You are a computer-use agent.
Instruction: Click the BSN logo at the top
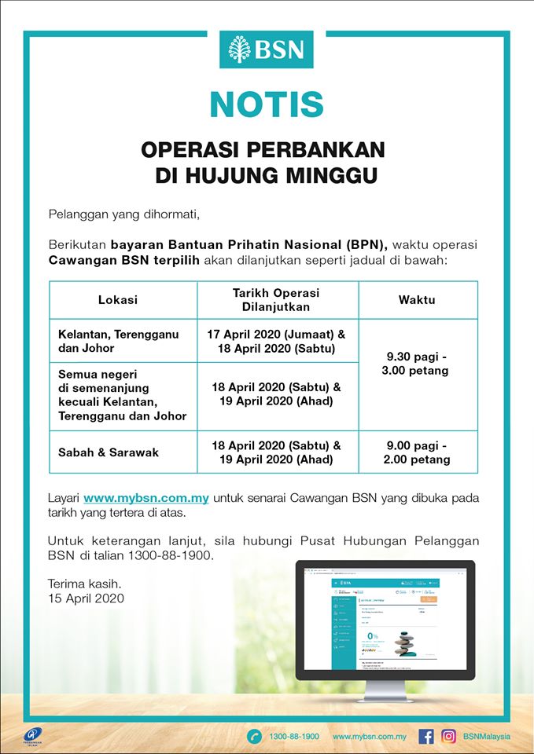click(x=267, y=49)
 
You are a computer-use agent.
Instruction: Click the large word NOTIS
click(x=267, y=105)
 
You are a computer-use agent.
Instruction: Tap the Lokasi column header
click(x=118, y=300)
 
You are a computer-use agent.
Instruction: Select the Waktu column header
click(x=417, y=300)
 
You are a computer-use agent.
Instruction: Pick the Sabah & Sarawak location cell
click(x=109, y=452)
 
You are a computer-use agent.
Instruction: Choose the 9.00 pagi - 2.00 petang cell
click(x=417, y=452)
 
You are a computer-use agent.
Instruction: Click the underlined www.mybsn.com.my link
click(x=146, y=498)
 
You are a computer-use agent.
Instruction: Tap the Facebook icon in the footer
click(x=426, y=737)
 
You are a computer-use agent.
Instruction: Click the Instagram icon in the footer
click(x=448, y=737)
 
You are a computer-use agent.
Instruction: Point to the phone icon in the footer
click(x=254, y=737)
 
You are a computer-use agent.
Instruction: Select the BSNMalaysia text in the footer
click(x=487, y=737)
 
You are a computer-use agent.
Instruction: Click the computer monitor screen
click(x=385, y=617)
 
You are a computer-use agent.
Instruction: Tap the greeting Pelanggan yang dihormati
click(x=119, y=214)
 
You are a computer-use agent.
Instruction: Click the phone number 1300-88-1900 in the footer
click(x=294, y=737)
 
